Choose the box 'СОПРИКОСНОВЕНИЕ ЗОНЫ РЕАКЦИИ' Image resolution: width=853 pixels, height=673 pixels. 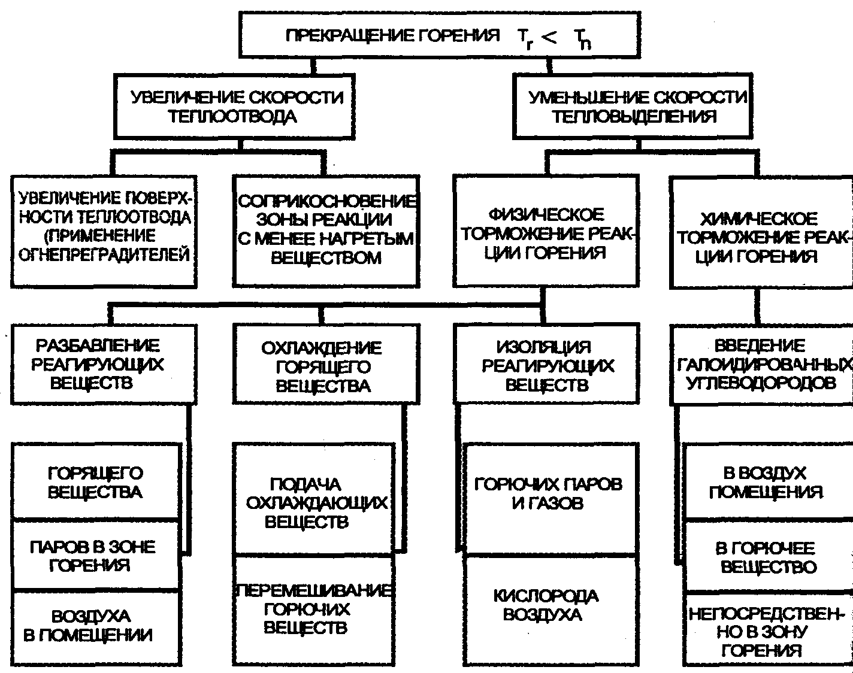(326, 231)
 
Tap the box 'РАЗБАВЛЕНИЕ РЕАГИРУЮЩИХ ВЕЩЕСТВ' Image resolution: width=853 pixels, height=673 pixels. (103, 364)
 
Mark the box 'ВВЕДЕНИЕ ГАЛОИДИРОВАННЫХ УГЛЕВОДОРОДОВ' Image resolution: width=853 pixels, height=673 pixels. (761, 364)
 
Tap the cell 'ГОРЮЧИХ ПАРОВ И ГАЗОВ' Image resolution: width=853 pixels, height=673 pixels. (549, 493)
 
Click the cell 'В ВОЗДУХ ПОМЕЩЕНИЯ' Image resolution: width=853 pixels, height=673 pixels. (767, 483)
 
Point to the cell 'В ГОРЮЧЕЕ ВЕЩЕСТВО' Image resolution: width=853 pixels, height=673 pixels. (767, 557)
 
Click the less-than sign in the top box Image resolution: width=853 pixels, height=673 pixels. (550, 37)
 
